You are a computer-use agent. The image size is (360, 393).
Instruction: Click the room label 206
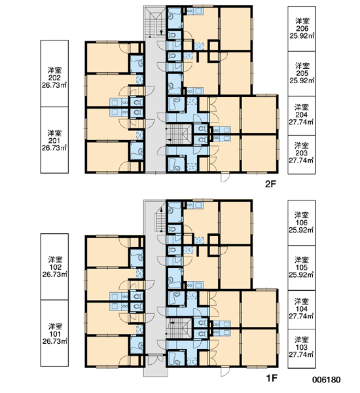[x=302, y=29]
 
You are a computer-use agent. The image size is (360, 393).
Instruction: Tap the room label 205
[x=302, y=73]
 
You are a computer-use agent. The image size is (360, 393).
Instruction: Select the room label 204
[x=301, y=115]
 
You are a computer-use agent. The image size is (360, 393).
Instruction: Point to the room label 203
[x=301, y=153]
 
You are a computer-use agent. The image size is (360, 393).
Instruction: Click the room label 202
[x=54, y=78]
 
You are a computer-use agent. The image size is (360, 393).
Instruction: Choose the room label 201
[x=54, y=141]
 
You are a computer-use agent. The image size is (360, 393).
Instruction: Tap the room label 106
[x=301, y=223]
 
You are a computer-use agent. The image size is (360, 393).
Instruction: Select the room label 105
[x=301, y=267]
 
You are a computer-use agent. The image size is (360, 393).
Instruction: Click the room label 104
[x=301, y=309]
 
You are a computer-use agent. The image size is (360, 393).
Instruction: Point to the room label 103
[x=301, y=347]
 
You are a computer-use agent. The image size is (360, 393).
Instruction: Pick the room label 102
[x=55, y=267]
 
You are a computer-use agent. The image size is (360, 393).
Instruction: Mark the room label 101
[x=55, y=334]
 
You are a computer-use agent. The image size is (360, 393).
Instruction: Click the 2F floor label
[x=270, y=185]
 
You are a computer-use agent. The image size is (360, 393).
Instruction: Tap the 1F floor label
[x=272, y=378]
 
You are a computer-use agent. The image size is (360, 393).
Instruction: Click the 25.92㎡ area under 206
[x=302, y=36]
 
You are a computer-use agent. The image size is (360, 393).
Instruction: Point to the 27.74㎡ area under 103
[x=301, y=354]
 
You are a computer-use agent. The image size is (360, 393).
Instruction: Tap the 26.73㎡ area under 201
[x=54, y=148]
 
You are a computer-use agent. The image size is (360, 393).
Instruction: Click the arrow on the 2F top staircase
[x=161, y=31]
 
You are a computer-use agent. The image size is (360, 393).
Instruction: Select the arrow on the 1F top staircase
[x=161, y=212]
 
